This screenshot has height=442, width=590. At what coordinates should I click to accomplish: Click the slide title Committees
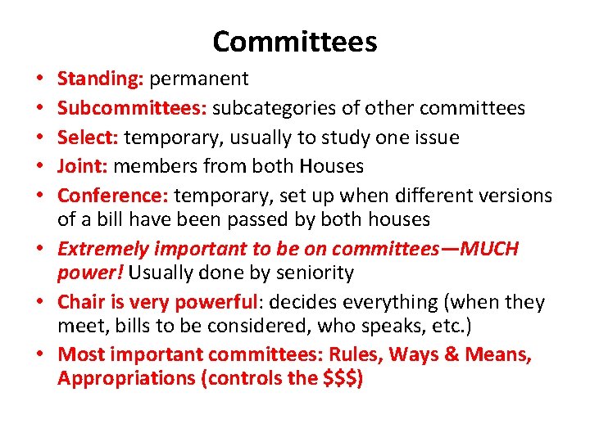pyautogui.click(x=294, y=41)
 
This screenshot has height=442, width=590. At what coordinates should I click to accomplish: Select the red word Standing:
pyautogui.click(x=101, y=79)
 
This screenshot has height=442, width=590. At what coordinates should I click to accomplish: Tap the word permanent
pyautogui.click(x=199, y=79)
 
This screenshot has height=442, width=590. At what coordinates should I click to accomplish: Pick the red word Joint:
pyautogui.click(x=83, y=166)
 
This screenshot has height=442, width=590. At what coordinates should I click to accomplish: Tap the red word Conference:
pyautogui.click(x=113, y=196)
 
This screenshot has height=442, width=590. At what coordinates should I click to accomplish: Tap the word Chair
pyautogui.click(x=79, y=302)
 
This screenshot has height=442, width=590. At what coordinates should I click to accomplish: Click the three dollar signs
pyautogui.click(x=341, y=378)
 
